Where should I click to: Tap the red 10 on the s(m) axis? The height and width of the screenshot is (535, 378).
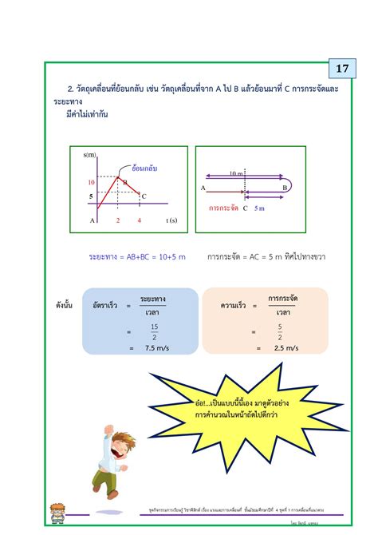click(91, 183)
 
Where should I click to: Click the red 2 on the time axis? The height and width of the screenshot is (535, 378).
click(118, 220)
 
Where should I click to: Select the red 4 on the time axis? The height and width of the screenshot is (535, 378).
click(139, 220)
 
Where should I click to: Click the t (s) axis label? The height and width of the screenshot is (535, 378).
click(171, 220)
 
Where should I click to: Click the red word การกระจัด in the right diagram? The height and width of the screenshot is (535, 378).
click(224, 208)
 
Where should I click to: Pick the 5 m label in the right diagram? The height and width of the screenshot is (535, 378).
click(259, 208)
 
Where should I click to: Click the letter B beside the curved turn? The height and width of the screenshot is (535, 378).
click(285, 188)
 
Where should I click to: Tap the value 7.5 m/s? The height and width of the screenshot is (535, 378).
click(154, 348)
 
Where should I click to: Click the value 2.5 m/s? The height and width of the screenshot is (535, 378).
click(286, 348)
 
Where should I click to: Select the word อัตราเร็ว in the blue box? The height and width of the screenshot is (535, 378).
click(104, 305)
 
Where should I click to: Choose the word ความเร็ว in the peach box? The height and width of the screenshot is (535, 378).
click(234, 305)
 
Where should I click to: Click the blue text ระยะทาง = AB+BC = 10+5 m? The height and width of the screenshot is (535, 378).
click(136, 257)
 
